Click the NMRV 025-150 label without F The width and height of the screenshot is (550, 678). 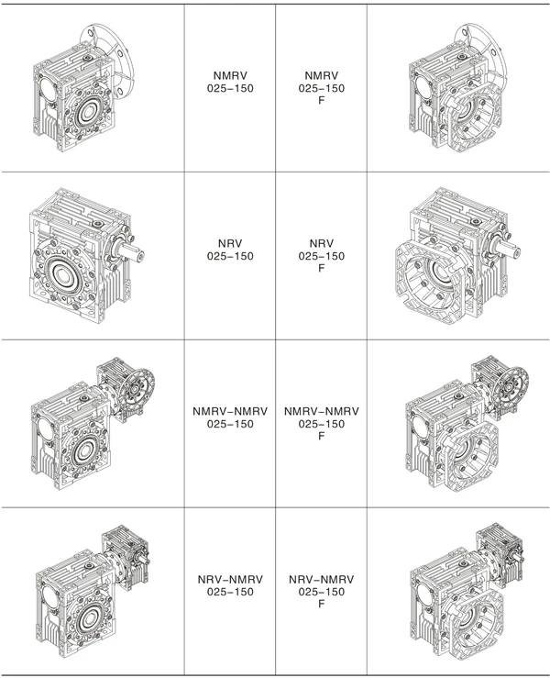[229, 82]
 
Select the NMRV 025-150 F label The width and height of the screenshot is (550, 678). [321, 88]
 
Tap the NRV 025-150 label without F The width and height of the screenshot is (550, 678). [229, 249]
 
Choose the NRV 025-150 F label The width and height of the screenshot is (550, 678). [321, 256]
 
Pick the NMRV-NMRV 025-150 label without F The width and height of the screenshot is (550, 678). [229, 417]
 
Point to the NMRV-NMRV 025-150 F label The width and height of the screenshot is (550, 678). [321, 424]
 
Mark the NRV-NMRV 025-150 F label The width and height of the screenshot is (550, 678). [321, 592]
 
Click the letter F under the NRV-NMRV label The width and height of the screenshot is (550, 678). [321, 605]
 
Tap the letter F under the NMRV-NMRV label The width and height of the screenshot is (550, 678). [321, 437]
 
